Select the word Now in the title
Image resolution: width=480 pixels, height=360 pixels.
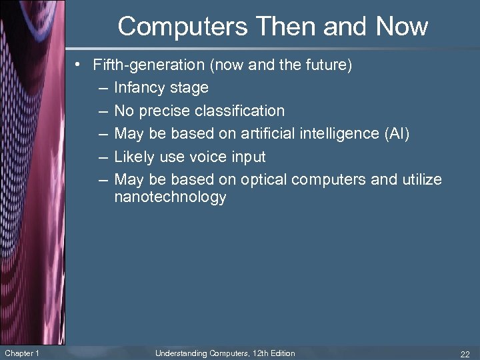pos(401,27)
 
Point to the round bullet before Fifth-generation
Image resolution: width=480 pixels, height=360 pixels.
pos(79,65)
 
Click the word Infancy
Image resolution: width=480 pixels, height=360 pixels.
pos(142,87)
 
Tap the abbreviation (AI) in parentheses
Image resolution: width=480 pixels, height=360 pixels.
pos(397,133)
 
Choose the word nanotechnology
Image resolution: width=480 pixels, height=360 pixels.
pos(170,197)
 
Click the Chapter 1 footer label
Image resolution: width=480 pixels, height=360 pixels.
pos(21,353)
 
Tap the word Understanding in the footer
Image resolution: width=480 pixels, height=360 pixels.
pos(179,353)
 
